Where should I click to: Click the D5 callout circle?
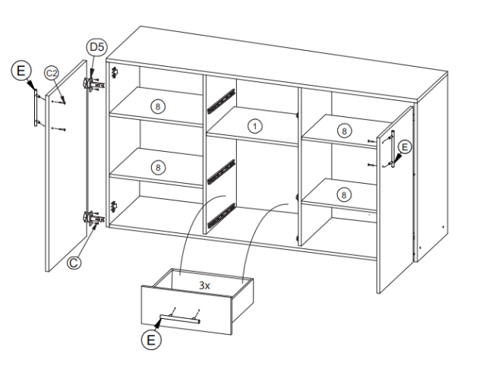pyautogui.click(x=96, y=47)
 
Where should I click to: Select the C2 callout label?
pyautogui.click(x=52, y=73)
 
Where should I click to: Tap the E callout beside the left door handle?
pyautogui.click(x=21, y=71)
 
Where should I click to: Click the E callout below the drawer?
pyautogui.click(x=151, y=340)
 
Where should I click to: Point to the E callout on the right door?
pyautogui.click(x=405, y=147)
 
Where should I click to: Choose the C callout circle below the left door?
pyautogui.click(x=74, y=263)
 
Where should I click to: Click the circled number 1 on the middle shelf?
pyautogui.click(x=255, y=126)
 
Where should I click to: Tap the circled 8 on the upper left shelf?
pyautogui.click(x=157, y=107)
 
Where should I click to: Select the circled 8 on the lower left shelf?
pyautogui.click(x=157, y=168)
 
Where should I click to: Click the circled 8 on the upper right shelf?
pyautogui.click(x=344, y=131)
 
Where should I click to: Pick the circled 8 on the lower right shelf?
pyautogui.click(x=344, y=195)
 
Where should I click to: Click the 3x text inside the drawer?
pyautogui.click(x=204, y=285)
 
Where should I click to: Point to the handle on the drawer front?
pyautogui.click(x=180, y=318)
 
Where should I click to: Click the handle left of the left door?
pyautogui.click(x=36, y=107)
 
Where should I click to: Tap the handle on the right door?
pyautogui.click(x=393, y=148)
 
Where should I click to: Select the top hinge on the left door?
pyautogui.click(x=93, y=84)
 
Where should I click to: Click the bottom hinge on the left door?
pyautogui.click(x=94, y=217)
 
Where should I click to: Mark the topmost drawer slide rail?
pyautogui.click(x=221, y=100)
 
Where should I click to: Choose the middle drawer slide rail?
pyautogui.click(x=221, y=172)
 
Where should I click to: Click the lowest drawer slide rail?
pyautogui.click(x=221, y=216)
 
